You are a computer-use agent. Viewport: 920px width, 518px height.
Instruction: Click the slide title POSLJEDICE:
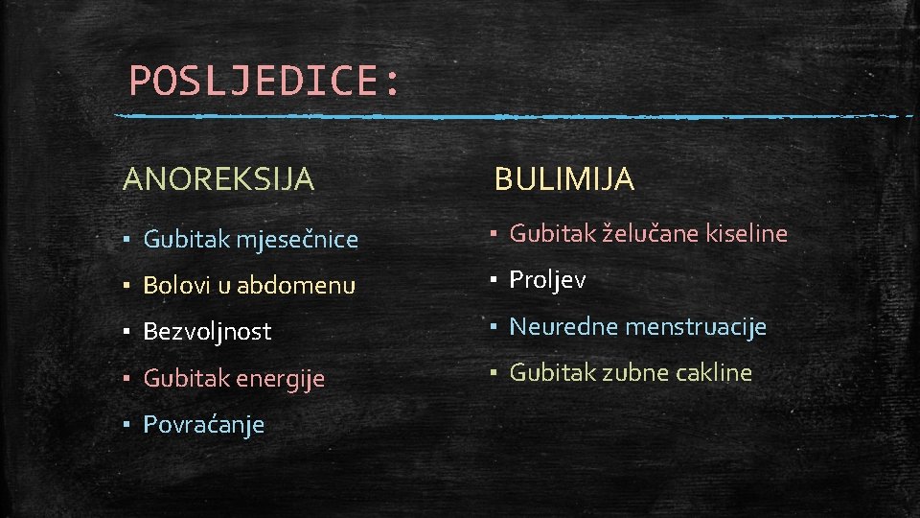(x=264, y=82)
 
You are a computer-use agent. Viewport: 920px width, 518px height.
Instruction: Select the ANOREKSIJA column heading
(x=218, y=179)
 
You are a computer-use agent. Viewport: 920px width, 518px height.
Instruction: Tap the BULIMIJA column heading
(x=563, y=179)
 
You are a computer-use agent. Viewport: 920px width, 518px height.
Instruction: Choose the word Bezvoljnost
(x=207, y=332)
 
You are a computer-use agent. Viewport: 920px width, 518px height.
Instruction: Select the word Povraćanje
(x=203, y=425)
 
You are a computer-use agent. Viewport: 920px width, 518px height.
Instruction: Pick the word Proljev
(x=547, y=280)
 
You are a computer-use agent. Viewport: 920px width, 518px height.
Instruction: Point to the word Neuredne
(x=563, y=327)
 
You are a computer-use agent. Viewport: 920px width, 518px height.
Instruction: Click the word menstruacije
(x=696, y=327)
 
